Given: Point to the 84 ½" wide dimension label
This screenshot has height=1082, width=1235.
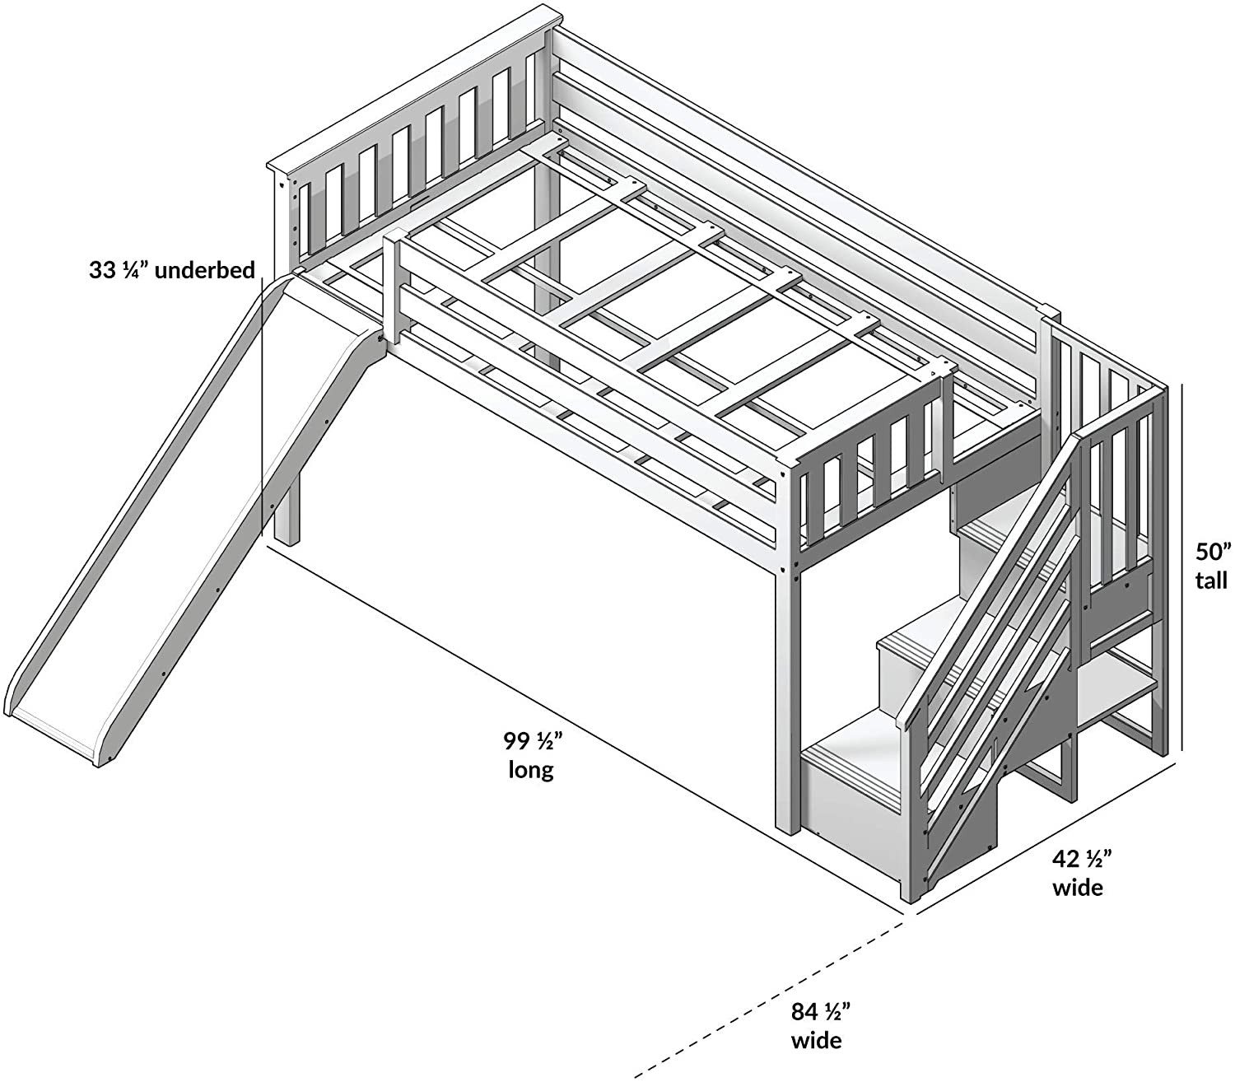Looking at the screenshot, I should click(x=818, y=1024).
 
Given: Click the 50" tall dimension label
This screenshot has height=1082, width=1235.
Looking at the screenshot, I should click(x=1210, y=565).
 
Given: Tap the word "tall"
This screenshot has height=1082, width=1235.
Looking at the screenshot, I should click(x=1210, y=581).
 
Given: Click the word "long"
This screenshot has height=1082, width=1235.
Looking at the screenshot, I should click(x=531, y=771).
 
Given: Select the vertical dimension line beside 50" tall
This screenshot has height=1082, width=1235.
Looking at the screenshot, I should click(x=1182, y=568).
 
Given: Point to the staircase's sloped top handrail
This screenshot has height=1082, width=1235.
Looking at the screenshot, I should click(x=988, y=568).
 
